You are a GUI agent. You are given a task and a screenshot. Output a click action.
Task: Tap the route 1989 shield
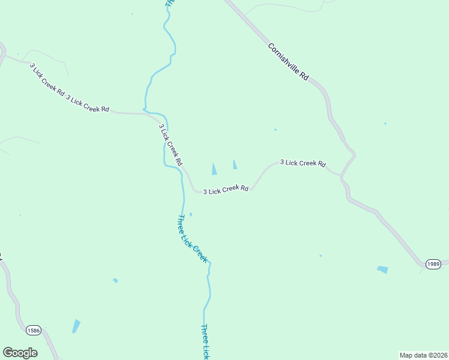click(433, 264)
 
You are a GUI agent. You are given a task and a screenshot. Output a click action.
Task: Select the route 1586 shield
click(34, 330)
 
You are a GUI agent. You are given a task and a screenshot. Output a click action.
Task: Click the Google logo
click(20, 353)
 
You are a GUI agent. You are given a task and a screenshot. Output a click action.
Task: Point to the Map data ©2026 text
click(423, 355)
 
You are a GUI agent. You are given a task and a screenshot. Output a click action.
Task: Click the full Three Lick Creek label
click(192, 239)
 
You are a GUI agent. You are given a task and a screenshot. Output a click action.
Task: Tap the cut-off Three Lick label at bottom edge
click(205, 342)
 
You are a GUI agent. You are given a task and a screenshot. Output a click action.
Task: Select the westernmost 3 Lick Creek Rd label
click(46, 79)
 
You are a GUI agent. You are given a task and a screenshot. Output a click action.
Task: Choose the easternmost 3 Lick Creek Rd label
click(303, 163)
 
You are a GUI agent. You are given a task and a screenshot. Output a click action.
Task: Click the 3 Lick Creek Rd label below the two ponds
click(226, 190)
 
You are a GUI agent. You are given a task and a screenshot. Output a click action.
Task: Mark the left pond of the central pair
click(214, 170)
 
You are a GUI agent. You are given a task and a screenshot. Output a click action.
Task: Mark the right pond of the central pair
click(235, 164)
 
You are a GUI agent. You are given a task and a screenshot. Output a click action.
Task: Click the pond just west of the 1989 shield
click(382, 270)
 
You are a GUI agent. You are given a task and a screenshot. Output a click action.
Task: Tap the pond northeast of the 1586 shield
click(76, 326)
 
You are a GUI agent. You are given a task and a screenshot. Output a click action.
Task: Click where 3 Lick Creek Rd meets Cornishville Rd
click(341, 176)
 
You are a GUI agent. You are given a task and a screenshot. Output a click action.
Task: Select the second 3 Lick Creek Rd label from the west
click(88, 104)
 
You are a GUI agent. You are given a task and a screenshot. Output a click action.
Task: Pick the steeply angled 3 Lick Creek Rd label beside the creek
click(170, 145)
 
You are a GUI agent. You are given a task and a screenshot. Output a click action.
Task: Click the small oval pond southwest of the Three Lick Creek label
click(115, 280)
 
